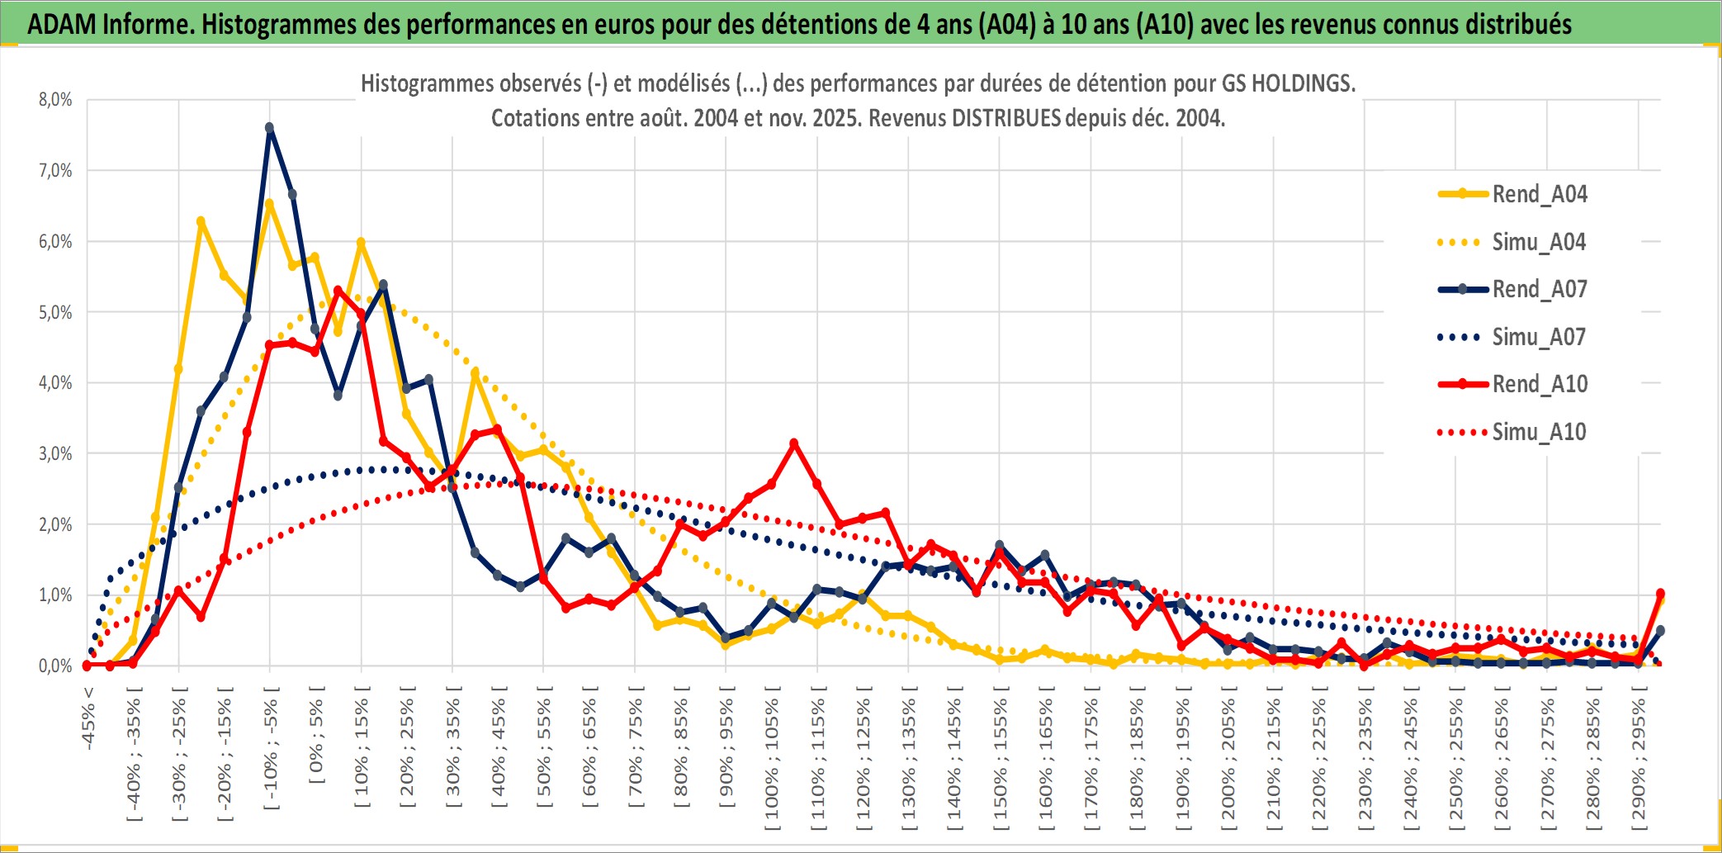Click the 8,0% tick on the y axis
click(55, 100)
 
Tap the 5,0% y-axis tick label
click(55, 312)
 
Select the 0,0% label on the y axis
click(55, 666)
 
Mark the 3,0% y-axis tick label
click(55, 453)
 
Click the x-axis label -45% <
click(88, 718)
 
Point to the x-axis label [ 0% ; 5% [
click(317, 735)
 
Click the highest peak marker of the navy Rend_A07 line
click(269, 127)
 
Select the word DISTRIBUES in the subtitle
click(1005, 118)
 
